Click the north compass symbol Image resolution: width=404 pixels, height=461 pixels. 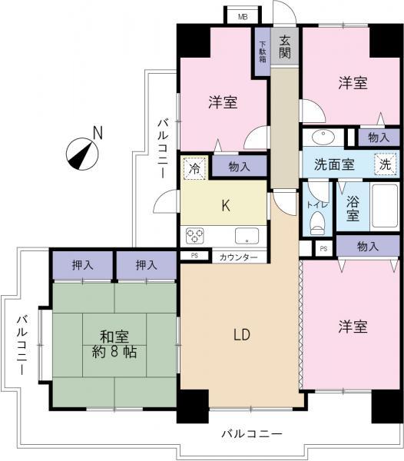[81, 151]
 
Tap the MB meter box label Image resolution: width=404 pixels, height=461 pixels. [242, 15]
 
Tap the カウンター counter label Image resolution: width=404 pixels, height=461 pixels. [238, 257]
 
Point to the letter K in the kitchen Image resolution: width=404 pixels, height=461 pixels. [225, 206]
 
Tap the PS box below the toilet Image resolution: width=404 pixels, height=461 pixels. [323, 248]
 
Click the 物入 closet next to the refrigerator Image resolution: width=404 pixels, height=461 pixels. [238, 166]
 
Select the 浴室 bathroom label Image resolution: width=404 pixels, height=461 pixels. [352, 211]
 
